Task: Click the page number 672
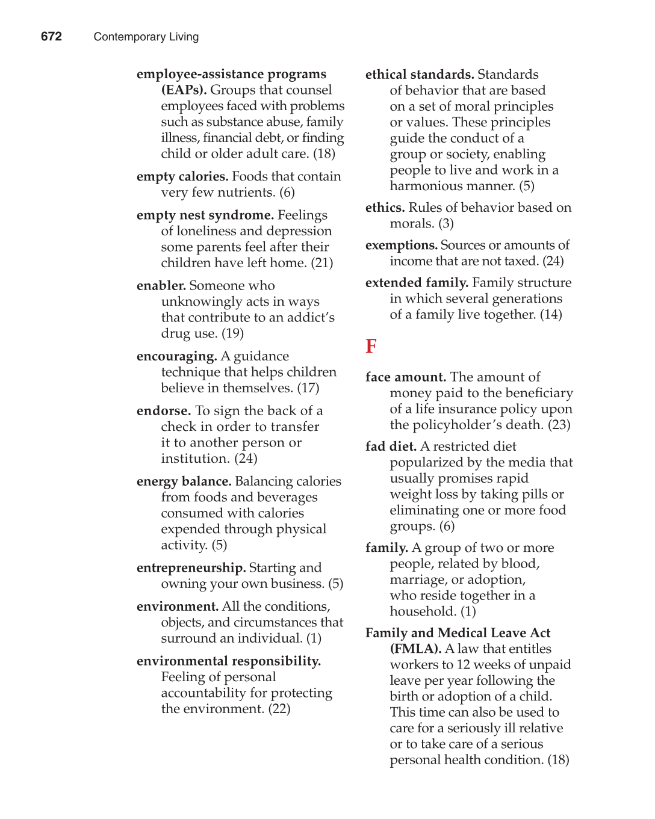pyautogui.click(x=51, y=37)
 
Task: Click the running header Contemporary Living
pyautogui.click(x=146, y=37)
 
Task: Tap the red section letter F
pyautogui.click(x=371, y=347)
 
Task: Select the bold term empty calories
pyautogui.click(x=182, y=177)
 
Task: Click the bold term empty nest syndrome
pyautogui.click(x=205, y=215)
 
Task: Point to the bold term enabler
pyautogui.click(x=161, y=286)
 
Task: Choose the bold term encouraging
pyautogui.click(x=176, y=356)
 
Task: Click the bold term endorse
pyautogui.click(x=163, y=411)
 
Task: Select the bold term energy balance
pyautogui.click(x=184, y=481)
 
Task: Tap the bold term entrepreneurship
pyautogui.click(x=191, y=568)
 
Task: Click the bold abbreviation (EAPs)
pyautogui.click(x=184, y=90)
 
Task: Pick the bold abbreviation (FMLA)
pyautogui.click(x=415, y=649)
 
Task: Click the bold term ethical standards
pyautogui.click(x=419, y=75)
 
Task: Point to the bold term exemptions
pyautogui.click(x=401, y=246)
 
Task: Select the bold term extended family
pyautogui.click(x=417, y=283)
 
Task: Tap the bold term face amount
pyautogui.click(x=405, y=377)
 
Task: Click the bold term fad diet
pyautogui.click(x=391, y=447)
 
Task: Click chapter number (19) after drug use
pyautogui.click(x=232, y=333)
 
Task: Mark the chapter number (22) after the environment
pyautogui.click(x=279, y=709)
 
